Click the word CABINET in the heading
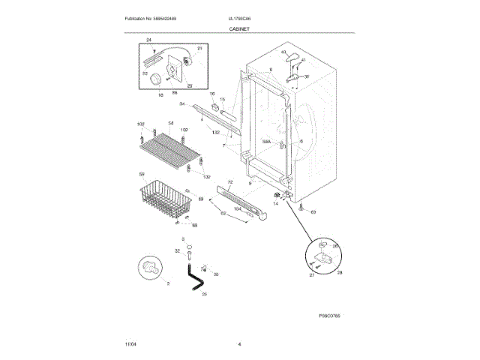[240, 28]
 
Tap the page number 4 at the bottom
[239, 344]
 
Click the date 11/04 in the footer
[130, 344]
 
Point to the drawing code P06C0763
[329, 316]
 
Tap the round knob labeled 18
[154, 79]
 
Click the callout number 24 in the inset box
[148, 39]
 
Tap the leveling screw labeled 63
[300, 206]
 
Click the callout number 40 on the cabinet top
[283, 52]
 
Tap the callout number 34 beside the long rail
[181, 103]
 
